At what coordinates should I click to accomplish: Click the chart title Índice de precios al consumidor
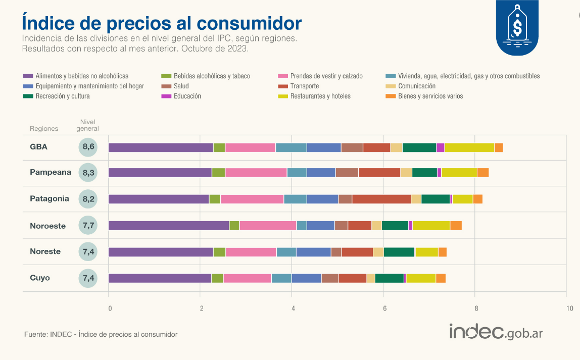pos(162,23)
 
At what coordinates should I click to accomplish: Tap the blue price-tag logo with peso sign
pos(517,28)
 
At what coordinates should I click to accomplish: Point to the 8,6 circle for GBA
pos(88,147)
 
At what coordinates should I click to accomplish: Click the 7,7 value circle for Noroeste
pos(88,226)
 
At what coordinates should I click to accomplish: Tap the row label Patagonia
pos(49,199)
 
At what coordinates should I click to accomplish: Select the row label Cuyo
pos(40,278)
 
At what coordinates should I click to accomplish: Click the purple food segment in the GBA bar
pos(161,147)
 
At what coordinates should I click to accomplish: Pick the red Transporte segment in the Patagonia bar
pos(381,199)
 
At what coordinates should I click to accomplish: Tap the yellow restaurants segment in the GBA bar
pos(469,147)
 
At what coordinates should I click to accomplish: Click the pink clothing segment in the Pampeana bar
pos(256,173)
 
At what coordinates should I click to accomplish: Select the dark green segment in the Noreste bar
pos(399,252)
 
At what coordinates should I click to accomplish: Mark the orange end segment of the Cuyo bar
pos(441,278)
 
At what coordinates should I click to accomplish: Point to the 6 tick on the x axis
pos(384,308)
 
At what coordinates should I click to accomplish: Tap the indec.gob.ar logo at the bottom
pos(496,332)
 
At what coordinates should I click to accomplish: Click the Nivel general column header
pos(88,125)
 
